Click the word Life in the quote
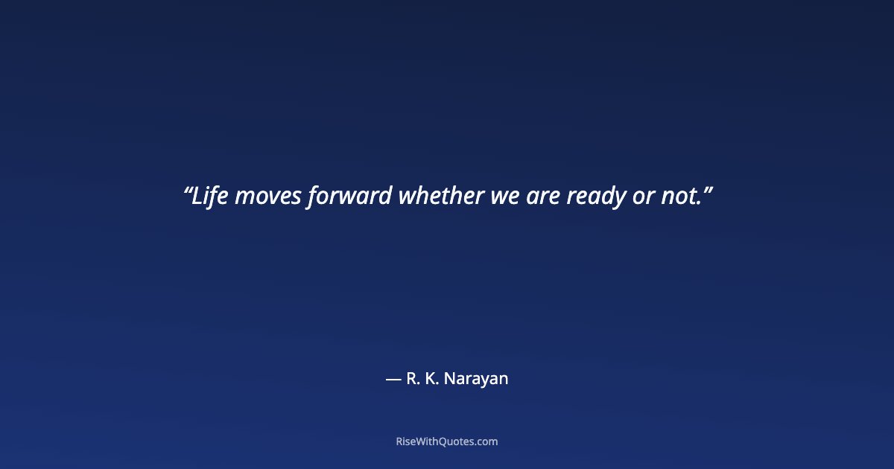(210, 197)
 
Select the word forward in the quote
(349, 197)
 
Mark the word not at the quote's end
(678, 197)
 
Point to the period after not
(699, 204)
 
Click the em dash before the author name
(393, 379)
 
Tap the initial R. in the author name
(414, 379)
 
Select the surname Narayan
(478, 379)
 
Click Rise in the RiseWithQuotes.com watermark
(406, 441)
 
